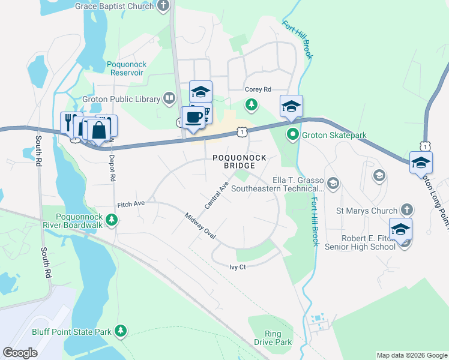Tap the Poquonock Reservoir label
tap(125, 68)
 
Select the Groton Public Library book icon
tap(169, 98)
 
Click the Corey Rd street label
tap(258, 89)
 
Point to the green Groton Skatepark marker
tap(292, 134)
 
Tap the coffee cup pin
tap(193, 117)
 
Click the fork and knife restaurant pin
tap(71, 122)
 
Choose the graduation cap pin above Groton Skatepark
tap(291, 106)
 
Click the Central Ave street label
tap(217, 196)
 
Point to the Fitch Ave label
tap(131, 204)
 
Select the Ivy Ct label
tap(238, 267)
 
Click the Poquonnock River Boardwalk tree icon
tap(111, 221)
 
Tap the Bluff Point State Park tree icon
tap(121, 331)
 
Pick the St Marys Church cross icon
tap(406, 210)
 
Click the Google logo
tap(20, 353)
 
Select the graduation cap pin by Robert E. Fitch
tap(400, 229)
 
